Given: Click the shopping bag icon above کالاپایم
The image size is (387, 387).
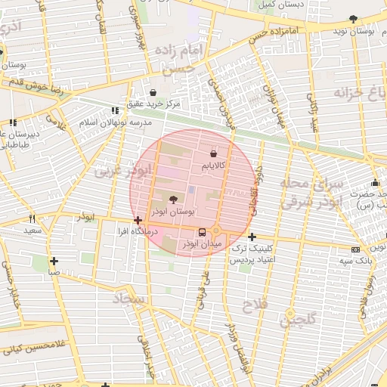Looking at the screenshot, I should pyautogui.click(x=212, y=153).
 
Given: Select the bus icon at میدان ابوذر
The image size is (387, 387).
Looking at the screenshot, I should pyautogui.click(x=201, y=233).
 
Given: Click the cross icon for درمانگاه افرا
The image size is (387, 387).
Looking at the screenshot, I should pyautogui.click(x=137, y=221).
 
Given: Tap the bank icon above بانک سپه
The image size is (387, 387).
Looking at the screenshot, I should pyautogui.click(x=355, y=249).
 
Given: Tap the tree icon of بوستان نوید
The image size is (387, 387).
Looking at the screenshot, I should pyautogui.click(x=353, y=19).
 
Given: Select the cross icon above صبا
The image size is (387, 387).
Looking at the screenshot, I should pyautogui.click(x=54, y=261).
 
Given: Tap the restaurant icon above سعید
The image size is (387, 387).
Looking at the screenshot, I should pyautogui.click(x=29, y=218).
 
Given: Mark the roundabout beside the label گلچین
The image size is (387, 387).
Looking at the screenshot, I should pyautogui.click(x=289, y=314).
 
